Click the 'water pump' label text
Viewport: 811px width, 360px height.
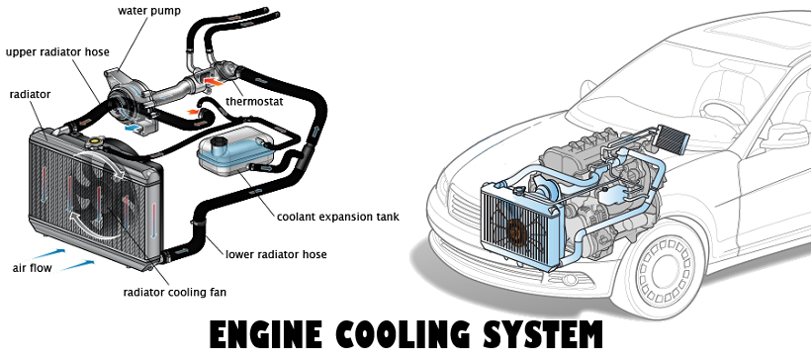tap(148, 11)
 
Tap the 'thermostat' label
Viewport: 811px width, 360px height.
tap(254, 102)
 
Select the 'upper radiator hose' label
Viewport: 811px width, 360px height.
tap(57, 52)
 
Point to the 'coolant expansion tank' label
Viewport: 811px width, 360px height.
tap(338, 217)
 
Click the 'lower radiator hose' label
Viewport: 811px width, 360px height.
tap(276, 254)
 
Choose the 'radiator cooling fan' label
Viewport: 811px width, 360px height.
tap(175, 292)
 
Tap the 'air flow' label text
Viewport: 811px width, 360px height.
tap(32, 268)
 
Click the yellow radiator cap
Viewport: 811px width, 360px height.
tap(96, 140)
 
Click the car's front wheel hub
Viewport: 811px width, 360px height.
tap(662, 270)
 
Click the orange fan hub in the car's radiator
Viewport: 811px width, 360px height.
tap(516, 233)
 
